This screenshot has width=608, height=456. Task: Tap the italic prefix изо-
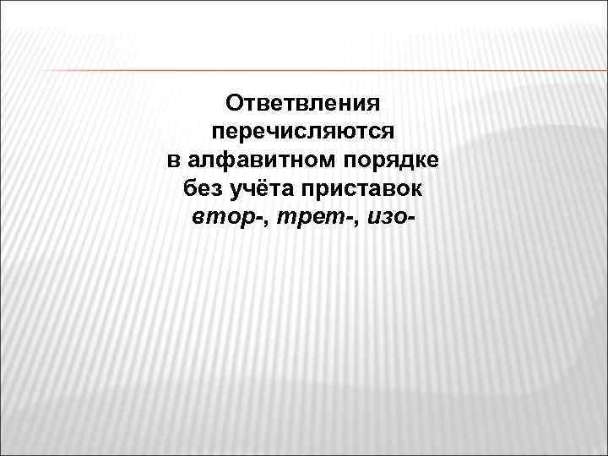click(x=390, y=216)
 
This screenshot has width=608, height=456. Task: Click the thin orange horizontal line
click(x=304, y=70)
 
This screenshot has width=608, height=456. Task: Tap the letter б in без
click(x=188, y=187)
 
